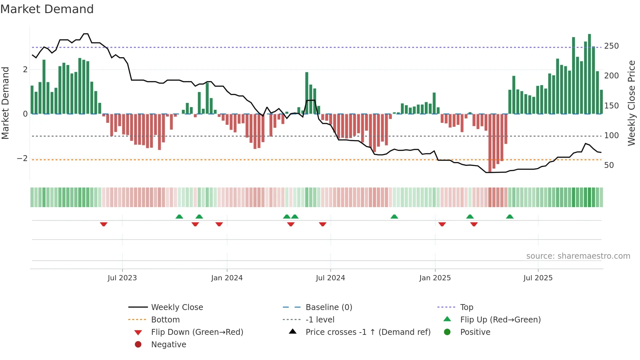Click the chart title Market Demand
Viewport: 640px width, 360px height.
click(47, 9)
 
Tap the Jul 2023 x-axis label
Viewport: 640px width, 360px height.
click(122, 278)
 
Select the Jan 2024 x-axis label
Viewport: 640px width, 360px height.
click(227, 278)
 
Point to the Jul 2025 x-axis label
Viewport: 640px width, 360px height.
click(538, 278)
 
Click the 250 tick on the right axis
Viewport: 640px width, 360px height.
click(611, 46)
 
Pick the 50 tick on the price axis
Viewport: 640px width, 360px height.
click(609, 165)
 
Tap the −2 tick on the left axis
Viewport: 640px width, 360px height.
click(22, 158)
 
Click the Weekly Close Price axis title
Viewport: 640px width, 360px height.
click(632, 103)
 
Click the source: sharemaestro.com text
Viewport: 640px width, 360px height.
click(578, 256)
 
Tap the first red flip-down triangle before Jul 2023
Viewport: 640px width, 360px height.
click(104, 224)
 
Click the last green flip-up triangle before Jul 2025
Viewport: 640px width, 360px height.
click(510, 217)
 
